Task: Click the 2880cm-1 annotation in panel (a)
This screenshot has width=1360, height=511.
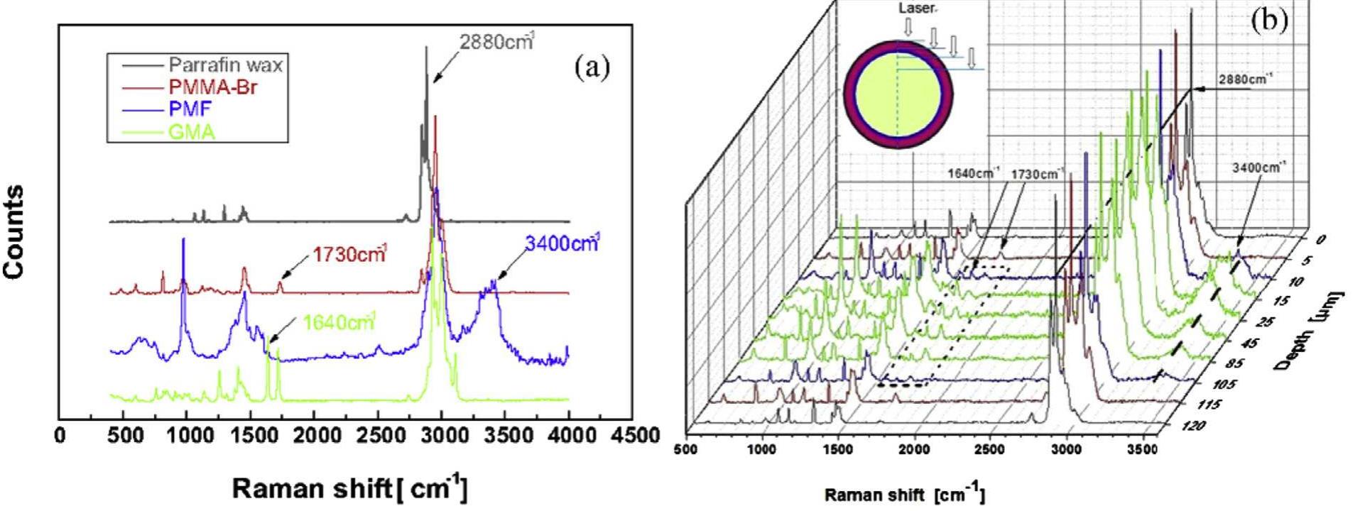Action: point(496,42)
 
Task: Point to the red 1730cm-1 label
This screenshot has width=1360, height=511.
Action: point(349,254)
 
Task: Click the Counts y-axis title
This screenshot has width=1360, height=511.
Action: point(16,231)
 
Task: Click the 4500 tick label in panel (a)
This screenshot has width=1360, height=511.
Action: point(633,434)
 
